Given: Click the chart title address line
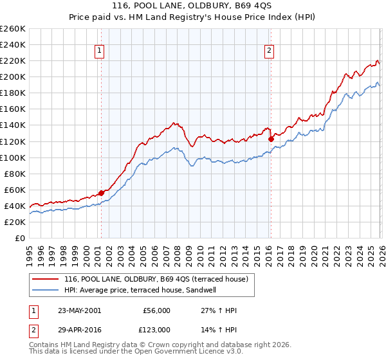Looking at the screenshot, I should coord(192,6).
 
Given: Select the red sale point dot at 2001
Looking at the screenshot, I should coord(102,192).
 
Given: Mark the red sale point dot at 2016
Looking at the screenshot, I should coord(271,138).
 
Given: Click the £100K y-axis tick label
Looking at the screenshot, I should coord(14,157).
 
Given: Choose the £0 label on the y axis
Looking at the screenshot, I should coord(20,238).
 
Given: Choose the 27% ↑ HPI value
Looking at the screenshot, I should coord(219,310).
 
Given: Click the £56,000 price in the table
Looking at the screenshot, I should coord(157,310).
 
